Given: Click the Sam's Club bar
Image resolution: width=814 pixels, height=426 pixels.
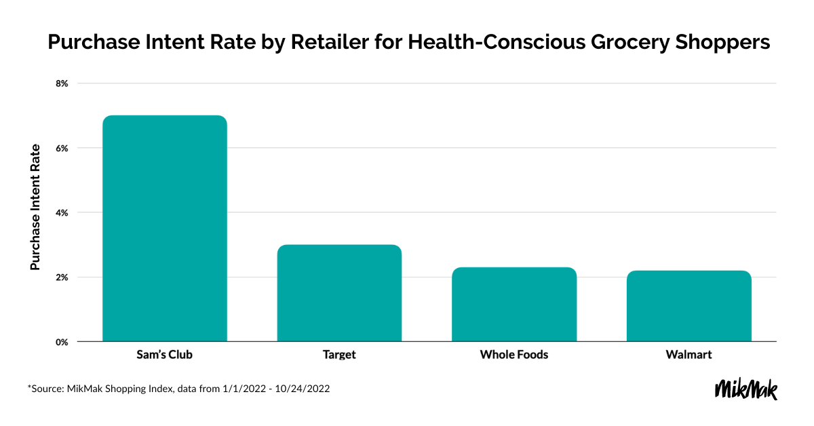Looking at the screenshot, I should [164, 228].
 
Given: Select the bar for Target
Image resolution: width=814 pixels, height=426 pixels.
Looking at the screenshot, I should [339, 293].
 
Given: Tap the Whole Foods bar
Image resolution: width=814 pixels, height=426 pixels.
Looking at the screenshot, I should [514, 304].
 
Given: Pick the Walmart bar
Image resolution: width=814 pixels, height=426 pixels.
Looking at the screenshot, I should [689, 306].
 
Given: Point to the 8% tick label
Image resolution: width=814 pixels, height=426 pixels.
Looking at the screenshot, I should [62, 83].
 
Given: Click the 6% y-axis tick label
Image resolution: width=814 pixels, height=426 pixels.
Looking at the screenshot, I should [62, 148].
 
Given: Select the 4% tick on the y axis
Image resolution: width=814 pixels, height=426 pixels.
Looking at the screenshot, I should [62, 212].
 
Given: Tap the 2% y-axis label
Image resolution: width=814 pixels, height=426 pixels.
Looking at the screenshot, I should [62, 277].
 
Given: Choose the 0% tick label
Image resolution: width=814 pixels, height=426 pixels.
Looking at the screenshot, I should [62, 342].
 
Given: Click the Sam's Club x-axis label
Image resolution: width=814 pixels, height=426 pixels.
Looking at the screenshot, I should [164, 355].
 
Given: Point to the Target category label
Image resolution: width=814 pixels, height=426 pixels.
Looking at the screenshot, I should [339, 355].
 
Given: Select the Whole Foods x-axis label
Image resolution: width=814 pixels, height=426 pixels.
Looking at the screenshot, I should [514, 355].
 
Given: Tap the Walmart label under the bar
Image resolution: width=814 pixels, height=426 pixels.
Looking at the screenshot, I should [689, 355].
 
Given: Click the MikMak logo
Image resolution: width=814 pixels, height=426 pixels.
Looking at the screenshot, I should [746, 389].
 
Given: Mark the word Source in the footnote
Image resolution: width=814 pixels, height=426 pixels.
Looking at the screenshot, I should [47, 389].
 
